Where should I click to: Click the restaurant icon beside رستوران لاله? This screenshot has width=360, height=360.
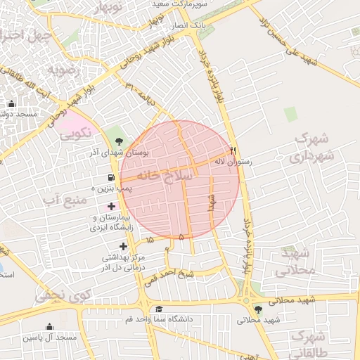tap(233, 151)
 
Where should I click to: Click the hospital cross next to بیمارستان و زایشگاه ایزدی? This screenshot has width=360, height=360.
tap(111, 206)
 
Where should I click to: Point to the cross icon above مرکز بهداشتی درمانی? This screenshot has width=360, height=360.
tap(124, 246)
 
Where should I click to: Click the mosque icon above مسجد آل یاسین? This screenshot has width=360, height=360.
tap(49, 326)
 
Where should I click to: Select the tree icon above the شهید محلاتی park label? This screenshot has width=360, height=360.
tap(258, 309)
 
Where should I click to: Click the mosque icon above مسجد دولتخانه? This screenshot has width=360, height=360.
tap(11, 104)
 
